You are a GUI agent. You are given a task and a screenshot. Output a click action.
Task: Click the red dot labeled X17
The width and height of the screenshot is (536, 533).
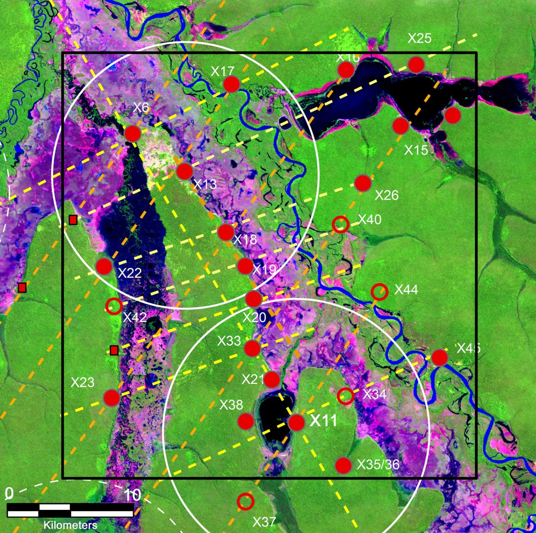click(231, 84)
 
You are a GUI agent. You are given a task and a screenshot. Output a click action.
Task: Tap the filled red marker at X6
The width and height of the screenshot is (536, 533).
click(133, 133)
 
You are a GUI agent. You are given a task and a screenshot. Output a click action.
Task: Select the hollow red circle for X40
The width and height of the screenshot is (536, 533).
click(340, 224)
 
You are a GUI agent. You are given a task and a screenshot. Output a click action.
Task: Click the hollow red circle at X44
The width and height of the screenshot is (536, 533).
click(379, 291)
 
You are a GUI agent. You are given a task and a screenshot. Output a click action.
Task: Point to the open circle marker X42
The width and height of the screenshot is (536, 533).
click(114, 306)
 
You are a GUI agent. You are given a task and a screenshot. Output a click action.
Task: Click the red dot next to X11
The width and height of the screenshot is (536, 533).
click(297, 422)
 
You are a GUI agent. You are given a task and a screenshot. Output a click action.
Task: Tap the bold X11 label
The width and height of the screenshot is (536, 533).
click(323, 421)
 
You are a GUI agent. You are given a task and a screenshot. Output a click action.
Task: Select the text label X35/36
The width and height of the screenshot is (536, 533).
click(378, 465)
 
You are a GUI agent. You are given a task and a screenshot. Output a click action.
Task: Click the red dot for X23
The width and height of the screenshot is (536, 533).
click(112, 397)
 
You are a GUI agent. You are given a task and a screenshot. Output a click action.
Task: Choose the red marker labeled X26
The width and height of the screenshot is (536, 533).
click(363, 183)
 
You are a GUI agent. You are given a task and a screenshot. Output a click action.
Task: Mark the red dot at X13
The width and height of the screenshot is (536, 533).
click(184, 171)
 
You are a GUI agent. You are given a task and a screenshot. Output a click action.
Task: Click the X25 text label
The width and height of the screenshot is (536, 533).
click(420, 38)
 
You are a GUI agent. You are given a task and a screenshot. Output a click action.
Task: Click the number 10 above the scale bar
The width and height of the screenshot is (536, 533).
click(132, 495)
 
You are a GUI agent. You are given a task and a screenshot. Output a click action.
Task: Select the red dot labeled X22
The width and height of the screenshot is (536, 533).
click(104, 266)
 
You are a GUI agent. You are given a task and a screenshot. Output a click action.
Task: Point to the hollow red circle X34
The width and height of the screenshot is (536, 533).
click(345, 395)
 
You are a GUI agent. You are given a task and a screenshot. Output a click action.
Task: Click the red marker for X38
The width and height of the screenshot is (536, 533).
click(246, 422)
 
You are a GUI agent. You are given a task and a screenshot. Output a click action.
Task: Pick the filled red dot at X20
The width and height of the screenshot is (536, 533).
click(253, 298)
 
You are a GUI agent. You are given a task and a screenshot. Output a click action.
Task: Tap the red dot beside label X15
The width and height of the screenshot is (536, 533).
click(401, 126)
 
